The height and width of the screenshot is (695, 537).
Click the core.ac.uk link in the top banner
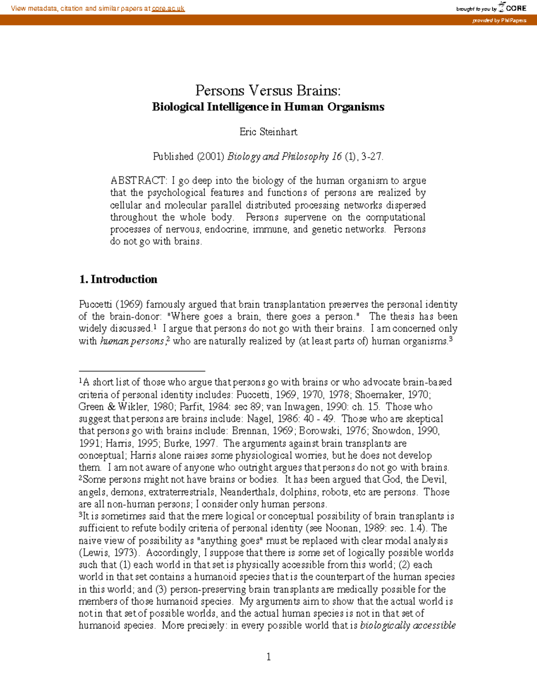pos(168,9)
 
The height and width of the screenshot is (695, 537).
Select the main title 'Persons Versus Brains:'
pos(268,90)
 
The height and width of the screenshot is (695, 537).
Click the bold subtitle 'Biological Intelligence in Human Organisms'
pos(268,107)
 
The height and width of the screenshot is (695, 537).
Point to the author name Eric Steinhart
pos(268,132)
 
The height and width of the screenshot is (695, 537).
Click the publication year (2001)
pos(210,156)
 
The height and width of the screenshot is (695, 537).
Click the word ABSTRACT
pos(138,181)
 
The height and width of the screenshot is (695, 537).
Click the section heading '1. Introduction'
pos(118,279)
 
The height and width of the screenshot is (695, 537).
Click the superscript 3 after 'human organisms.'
pos(451,339)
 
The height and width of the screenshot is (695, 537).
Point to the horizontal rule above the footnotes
pos(141,371)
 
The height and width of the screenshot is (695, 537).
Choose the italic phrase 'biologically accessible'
pos(408,626)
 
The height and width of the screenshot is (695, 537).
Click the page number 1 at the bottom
pos(268,657)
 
